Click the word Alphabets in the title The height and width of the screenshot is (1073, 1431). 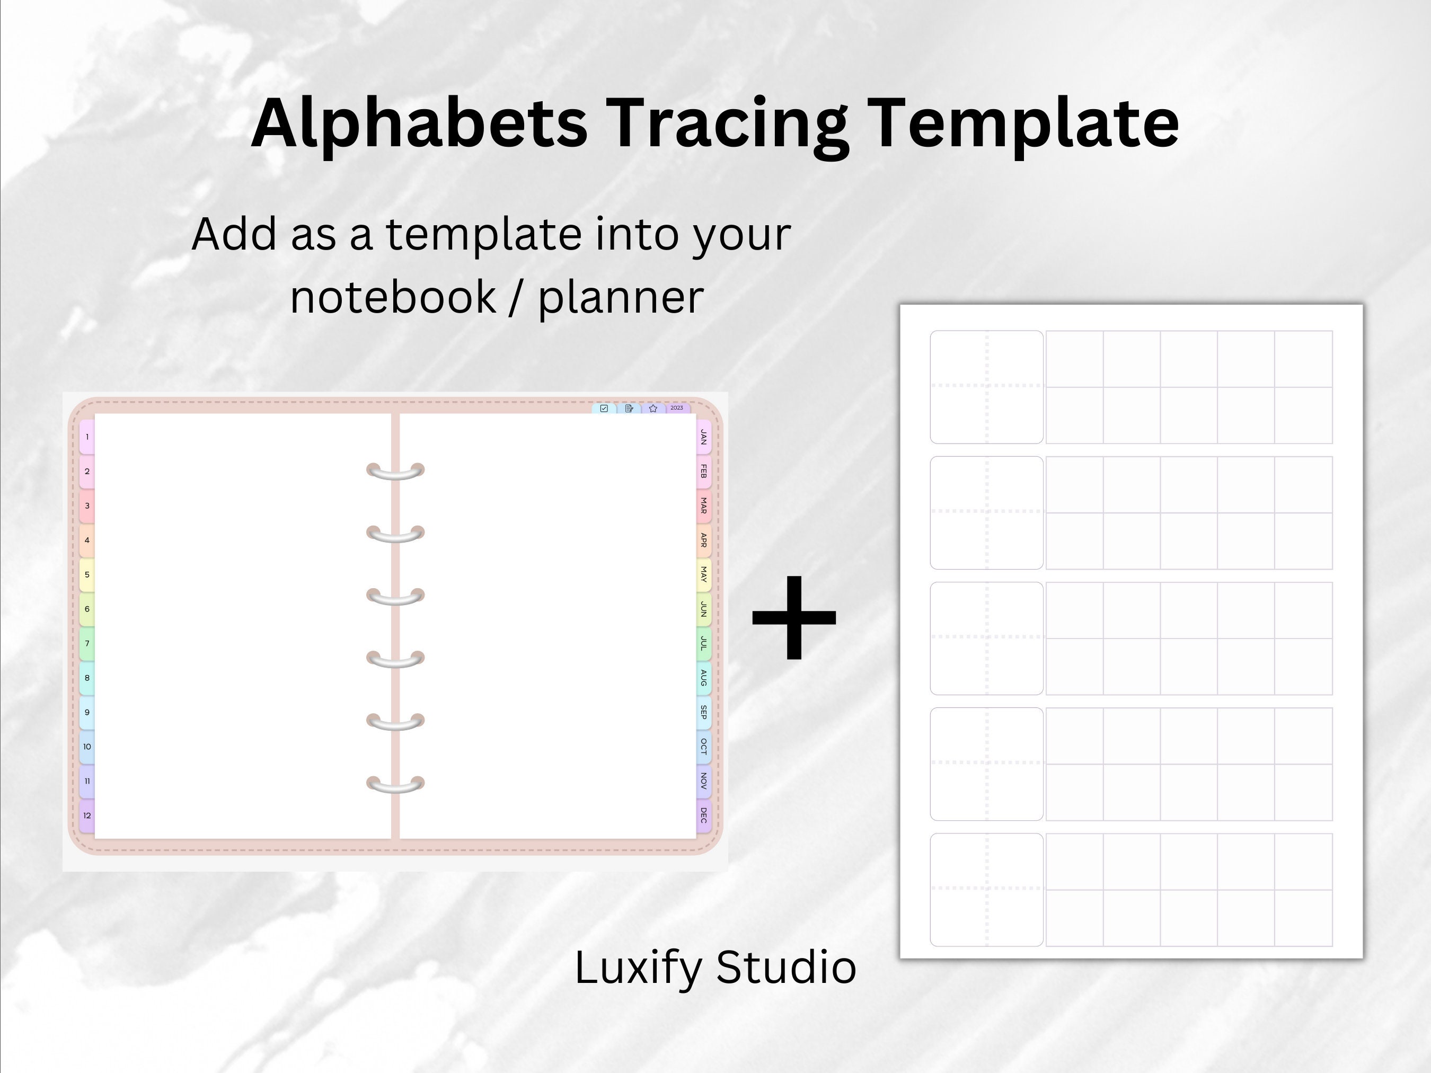[x=419, y=123]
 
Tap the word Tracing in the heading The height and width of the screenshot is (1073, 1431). [x=727, y=124]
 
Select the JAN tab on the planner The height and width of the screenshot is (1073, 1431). [x=703, y=437]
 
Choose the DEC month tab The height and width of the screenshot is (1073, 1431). [x=703, y=815]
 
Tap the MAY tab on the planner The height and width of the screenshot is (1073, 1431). [x=703, y=574]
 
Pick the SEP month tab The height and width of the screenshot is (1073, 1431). [x=703, y=712]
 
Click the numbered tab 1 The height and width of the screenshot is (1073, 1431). [x=87, y=437]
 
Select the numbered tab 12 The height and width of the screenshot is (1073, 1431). [x=87, y=815]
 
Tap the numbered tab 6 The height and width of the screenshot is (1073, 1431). [x=87, y=609]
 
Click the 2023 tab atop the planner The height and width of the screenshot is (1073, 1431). [x=677, y=408]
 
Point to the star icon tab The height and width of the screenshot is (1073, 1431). [x=653, y=409]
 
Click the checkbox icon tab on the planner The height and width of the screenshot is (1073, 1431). [x=604, y=409]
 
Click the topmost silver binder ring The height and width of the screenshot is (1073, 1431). [x=395, y=472]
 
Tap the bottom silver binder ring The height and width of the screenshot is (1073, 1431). [x=395, y=785]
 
